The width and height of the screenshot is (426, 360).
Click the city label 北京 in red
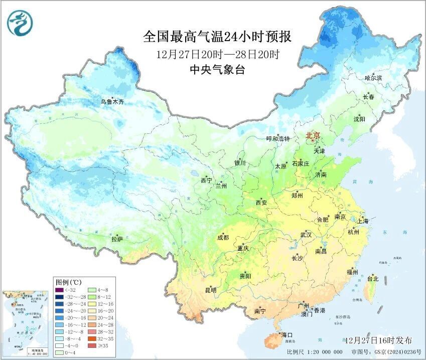point(313,136)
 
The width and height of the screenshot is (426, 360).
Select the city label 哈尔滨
point(373,78)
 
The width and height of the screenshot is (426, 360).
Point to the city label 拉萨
point(117,239)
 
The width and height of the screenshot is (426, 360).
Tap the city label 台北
point(373,278)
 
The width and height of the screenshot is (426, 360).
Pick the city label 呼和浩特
point(277,139)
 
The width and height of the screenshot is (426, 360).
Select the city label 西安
point(261,203)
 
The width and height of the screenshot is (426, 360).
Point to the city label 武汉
point(306,235)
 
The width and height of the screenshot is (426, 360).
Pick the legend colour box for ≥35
point(92,345)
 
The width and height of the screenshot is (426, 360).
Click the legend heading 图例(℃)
point(68,282)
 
